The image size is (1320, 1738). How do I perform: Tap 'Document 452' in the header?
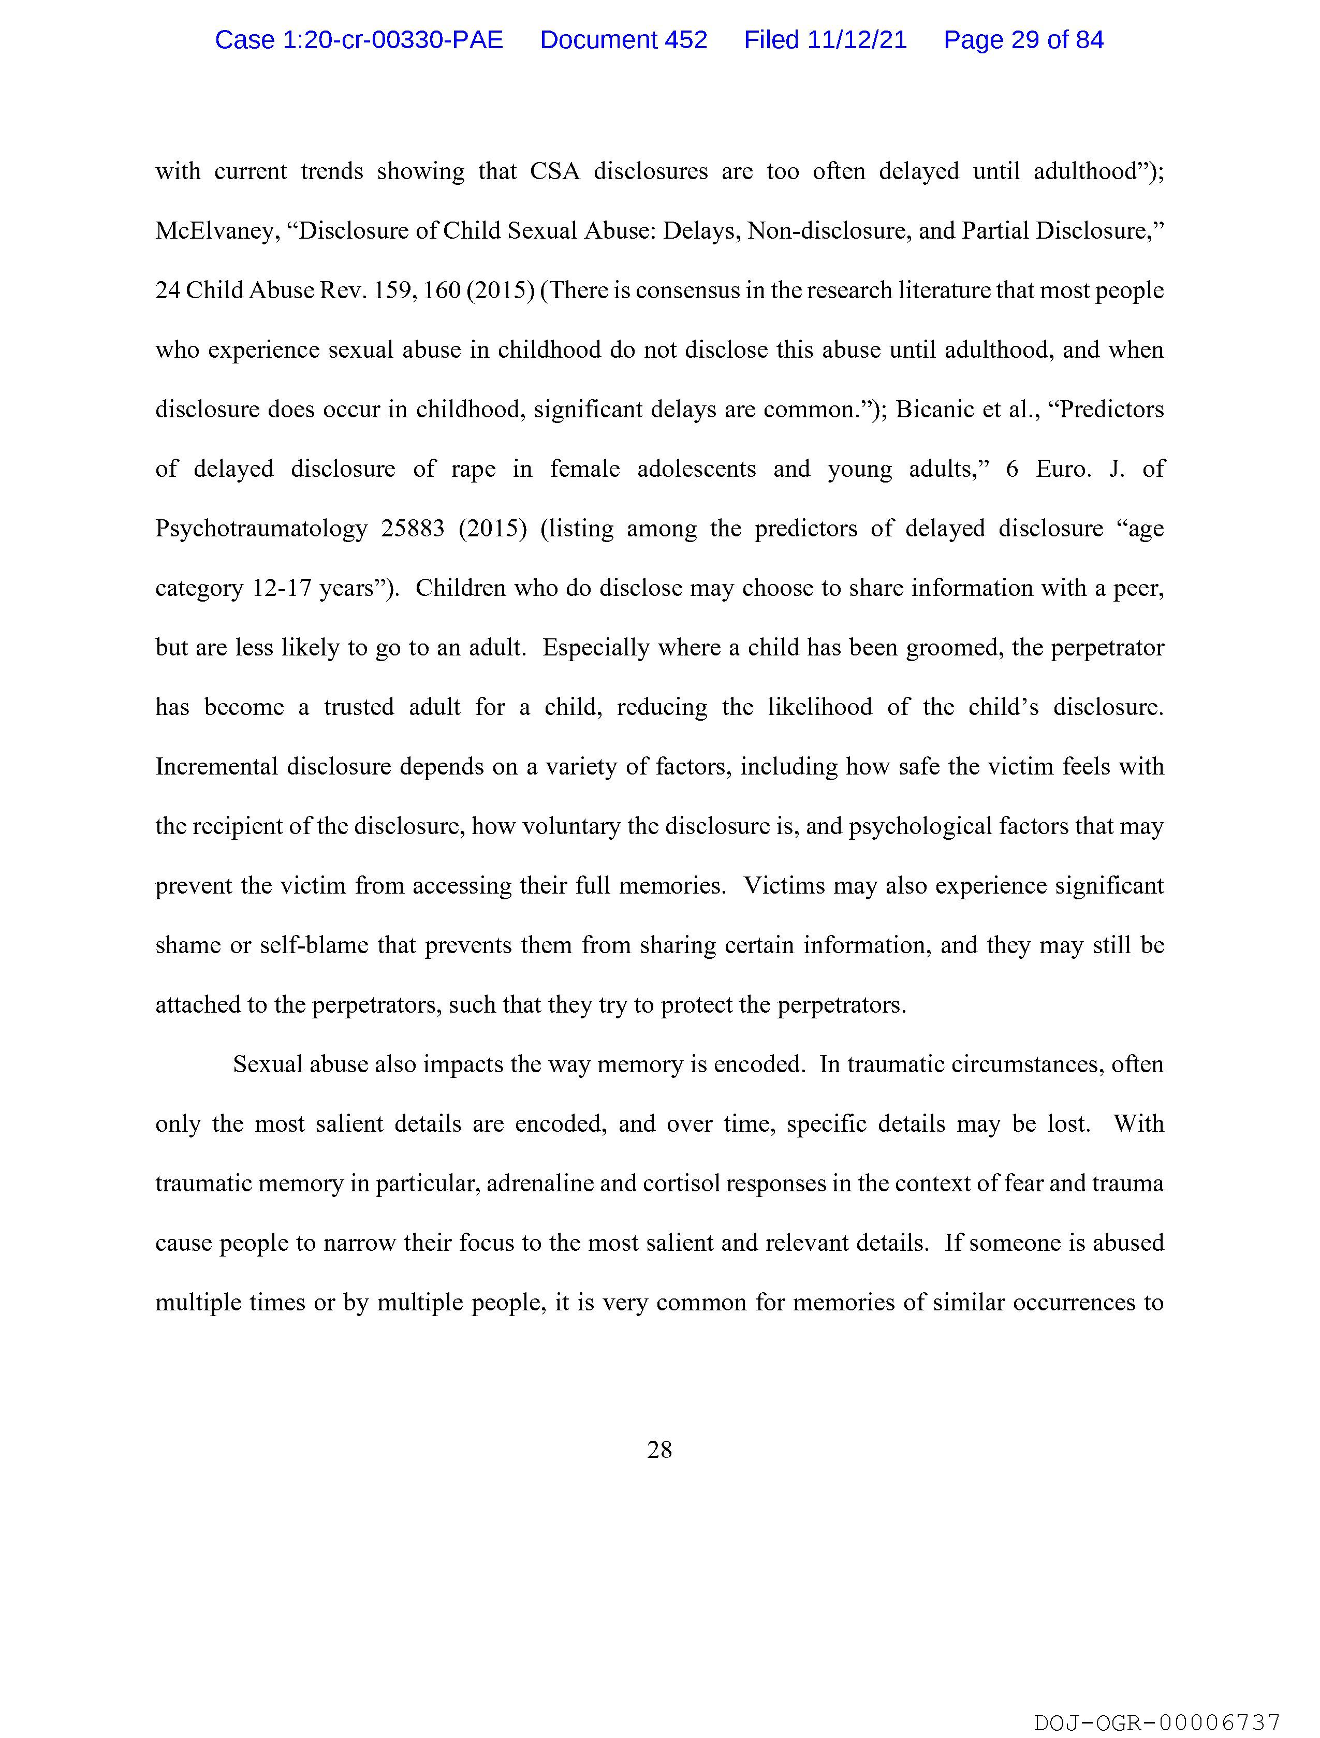[623, 40]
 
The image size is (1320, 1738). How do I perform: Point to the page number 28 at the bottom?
[659, 1450]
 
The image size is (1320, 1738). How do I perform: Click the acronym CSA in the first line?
[555, 171]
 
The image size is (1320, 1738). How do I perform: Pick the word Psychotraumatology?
[261, 529]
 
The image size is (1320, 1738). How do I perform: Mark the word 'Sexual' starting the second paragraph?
[267, 1064]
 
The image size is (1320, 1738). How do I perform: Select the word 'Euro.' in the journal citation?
[1062, 469]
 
